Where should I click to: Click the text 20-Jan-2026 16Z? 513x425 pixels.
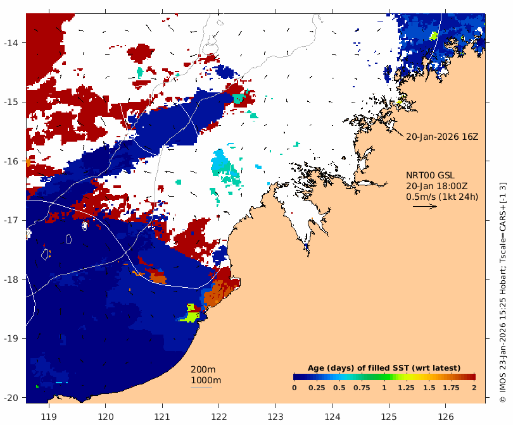click(x=442, y=137)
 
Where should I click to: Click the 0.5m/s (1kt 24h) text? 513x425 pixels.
click(x=442, y=196)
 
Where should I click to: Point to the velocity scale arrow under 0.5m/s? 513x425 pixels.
click(x=424, y=206)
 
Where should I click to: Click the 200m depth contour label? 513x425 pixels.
click(x=203, y=370)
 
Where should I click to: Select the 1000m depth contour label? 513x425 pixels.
click(x=206, y=380)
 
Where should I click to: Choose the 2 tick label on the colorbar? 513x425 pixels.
click(x=474, y=387)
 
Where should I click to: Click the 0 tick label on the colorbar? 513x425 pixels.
click(x=294, y=387)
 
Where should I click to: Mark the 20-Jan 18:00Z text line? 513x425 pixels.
click(x=436, y=186)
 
